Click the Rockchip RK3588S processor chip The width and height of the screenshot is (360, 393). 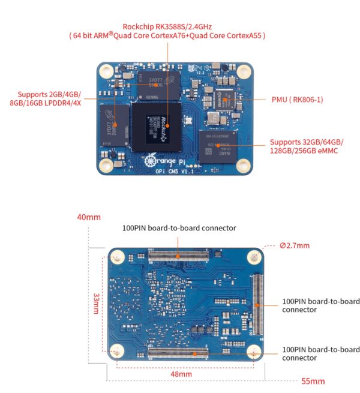tap(158, 124)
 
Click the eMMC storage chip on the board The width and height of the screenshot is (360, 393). tap(218, 145)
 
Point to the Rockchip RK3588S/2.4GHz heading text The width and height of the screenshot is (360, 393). tap(167, 26)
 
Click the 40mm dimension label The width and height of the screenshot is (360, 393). tap(89, 217)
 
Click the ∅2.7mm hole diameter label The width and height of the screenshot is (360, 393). tap(294, 245)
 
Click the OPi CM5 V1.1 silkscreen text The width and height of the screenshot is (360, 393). tap(158, 172)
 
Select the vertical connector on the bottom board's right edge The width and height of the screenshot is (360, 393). tap(257, 305)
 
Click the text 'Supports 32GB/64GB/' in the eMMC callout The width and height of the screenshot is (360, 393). tap(307, 142)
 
